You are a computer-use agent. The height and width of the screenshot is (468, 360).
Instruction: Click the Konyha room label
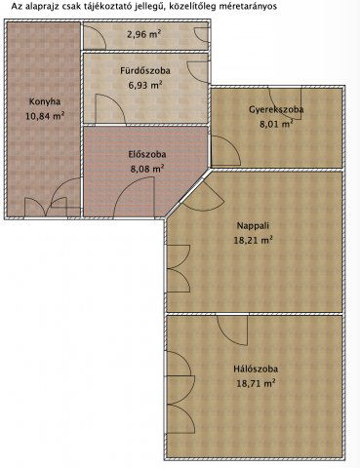[x=46, y=100]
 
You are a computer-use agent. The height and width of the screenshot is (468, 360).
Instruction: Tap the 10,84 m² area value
[x=46, y=115]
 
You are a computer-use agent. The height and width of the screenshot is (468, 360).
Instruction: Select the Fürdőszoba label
[x=144, y=71]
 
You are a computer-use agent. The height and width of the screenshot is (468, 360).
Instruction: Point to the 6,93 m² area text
[x=144, y=86]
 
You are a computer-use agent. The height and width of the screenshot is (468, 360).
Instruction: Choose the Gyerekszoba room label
[x=276, y=110]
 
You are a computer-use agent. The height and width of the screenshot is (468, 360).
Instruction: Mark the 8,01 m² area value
[x=276, y=125]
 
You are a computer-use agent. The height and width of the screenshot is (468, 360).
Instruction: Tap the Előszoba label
[x=146, y=154]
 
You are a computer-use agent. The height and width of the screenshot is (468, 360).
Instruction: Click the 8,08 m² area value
[x=146, y=168]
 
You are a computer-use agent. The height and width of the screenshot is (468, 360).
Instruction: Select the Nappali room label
[x=253, y=223]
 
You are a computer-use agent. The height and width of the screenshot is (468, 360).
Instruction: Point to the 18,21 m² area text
[x=253, y=238]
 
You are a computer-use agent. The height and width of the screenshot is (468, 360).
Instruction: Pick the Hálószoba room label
[x=257, y=369]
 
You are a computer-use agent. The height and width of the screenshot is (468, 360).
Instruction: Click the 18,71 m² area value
[x=257, y=383]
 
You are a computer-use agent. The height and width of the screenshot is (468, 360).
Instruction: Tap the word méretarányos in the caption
[x=243, y=6]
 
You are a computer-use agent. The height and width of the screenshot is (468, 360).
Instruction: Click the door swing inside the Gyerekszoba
[x=223, y=151]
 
